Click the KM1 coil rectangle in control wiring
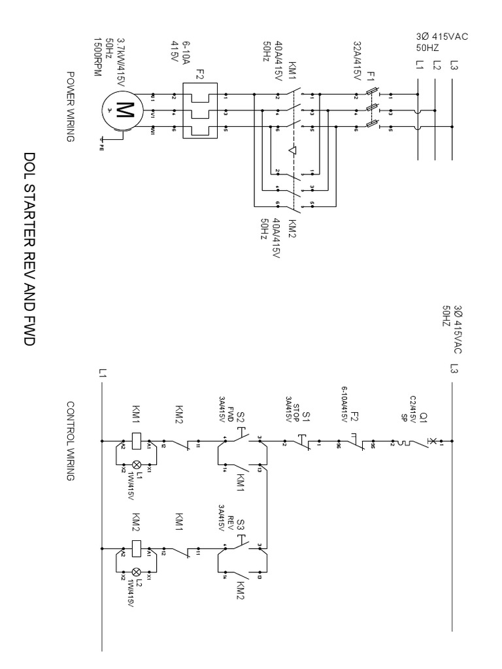coord(137,440)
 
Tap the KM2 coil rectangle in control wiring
coord(137,548)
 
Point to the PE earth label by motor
coord(101,139)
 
